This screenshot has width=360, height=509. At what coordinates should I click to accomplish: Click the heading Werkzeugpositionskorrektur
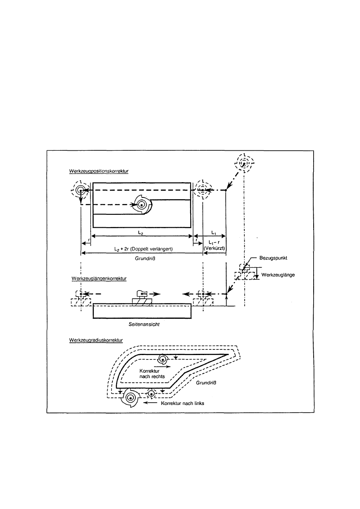pyautogui.click(x=99, y=171)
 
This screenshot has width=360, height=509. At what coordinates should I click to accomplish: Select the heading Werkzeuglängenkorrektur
pyautogui.click(x=99, y=278)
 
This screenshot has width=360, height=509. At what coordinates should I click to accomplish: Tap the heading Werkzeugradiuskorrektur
pyautogui.click(x=96, y=340)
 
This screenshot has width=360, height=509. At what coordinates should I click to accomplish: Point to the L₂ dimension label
pyautogui.click(x=141, y=233)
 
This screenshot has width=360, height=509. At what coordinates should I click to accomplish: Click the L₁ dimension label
pyautogui.click(x=214, y=233)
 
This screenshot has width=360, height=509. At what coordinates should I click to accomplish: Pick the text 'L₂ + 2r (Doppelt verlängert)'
pyautogui.click(x=144, y=249)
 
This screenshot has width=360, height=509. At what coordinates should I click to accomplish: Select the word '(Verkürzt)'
pyautogui.click(x=214, y=248)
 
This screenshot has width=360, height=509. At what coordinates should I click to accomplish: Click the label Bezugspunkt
pyautogui.click(x=273, y=258)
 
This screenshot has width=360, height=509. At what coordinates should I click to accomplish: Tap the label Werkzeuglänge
pyautogui.click(x=278, y=275)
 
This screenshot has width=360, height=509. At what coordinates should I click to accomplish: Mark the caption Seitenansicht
pyautogui.click(x=144, y=324)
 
